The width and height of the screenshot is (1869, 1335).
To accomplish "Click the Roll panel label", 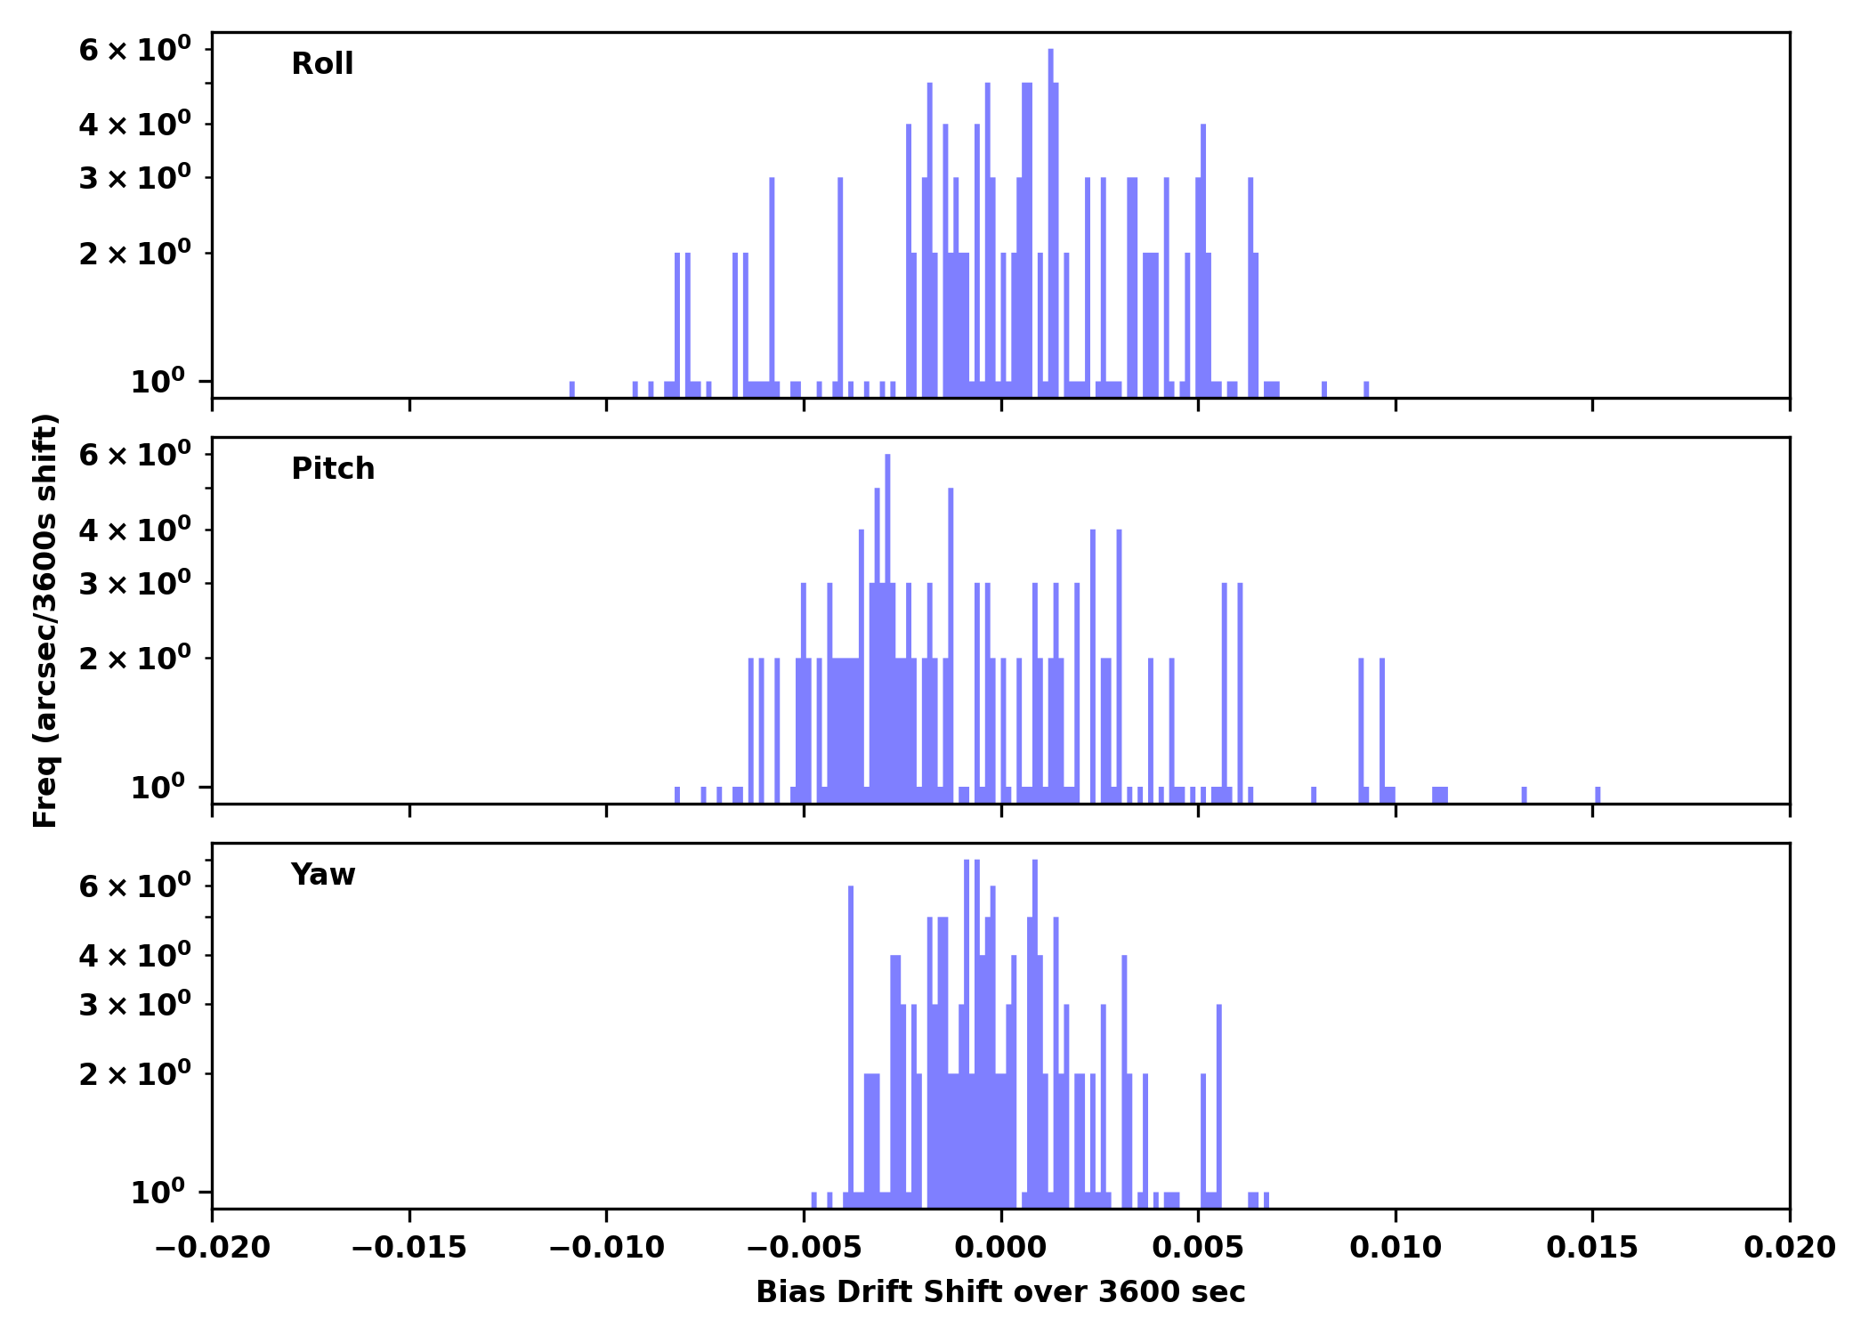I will pos(322,64).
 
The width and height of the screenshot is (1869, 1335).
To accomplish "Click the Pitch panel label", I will pos(333,469).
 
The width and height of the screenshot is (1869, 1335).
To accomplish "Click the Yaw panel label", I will pos(322,875).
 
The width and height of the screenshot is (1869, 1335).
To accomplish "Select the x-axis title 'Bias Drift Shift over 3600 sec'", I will pos(1000,1292).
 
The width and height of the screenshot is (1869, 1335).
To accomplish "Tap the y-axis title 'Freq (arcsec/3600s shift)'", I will pos(45,620).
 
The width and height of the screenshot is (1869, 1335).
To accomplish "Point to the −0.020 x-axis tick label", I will pos(212,1248).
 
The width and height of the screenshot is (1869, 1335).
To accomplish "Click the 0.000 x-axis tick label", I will pos(1000,1248).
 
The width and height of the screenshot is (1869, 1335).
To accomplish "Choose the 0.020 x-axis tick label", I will pos(1789,1248).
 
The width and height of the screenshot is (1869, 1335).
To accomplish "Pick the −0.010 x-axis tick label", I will pos(606,1248).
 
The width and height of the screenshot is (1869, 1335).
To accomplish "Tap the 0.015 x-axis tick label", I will pos(1592,1248).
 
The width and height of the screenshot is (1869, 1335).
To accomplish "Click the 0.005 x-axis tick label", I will pos(1198,1248).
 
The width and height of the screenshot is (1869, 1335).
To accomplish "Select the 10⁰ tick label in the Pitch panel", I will pos(158,788).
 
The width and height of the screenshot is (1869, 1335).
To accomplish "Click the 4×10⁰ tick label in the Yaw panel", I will pos(134,956).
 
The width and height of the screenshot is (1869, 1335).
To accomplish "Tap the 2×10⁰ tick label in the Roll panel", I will pos(134,255).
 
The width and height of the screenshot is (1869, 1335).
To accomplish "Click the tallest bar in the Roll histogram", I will pos(1050,222).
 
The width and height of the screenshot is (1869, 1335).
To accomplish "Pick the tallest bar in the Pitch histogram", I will pos(887,623).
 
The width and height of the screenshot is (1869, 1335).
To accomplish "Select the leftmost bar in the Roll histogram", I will pos(571,389).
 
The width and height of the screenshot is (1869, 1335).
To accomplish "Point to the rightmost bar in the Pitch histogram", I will pos(1598,794).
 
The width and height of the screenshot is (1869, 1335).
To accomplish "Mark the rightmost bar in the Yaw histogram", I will pos(1266,1199).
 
